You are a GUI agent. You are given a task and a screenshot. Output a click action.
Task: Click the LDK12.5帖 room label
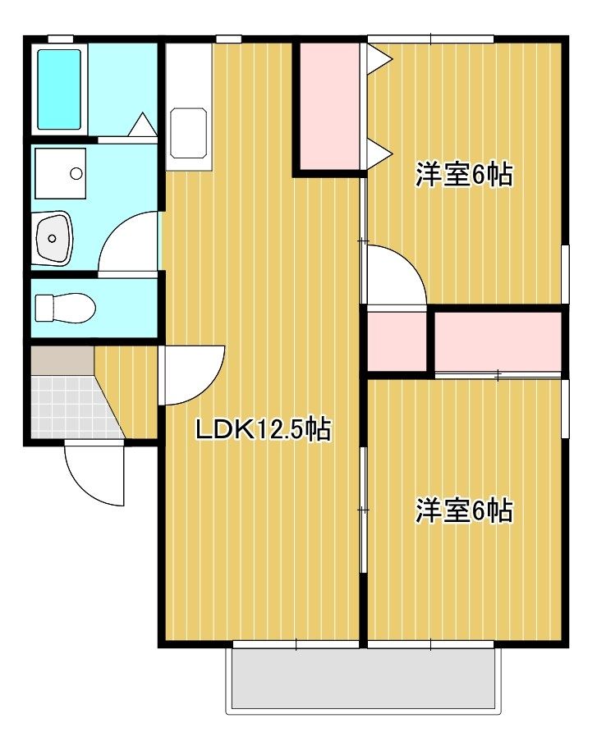click(x=264, y=430)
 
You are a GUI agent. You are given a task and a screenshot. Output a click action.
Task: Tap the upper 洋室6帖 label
click(x=465, y=175)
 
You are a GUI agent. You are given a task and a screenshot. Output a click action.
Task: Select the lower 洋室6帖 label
click(x=465, y=511)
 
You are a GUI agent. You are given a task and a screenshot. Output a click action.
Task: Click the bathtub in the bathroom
click(x=59, y=89)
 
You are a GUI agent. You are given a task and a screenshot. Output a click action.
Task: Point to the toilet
click(x=65, y=307)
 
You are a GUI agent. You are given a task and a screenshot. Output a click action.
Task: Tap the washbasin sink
click(x=54, y=238)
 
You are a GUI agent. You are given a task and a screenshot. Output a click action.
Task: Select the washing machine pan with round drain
click(x=61, y=173)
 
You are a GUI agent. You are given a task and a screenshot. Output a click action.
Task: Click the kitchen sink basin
click(x=189, y=133)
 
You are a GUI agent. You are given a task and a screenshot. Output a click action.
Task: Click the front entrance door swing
click(x=94, y=473)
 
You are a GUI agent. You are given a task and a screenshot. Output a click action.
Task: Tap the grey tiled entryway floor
click(x=71, y=407)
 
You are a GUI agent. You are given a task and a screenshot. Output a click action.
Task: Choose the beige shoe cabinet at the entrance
click(x=62, y=360)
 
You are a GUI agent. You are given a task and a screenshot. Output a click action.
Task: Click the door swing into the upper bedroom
click(x=396, y=274)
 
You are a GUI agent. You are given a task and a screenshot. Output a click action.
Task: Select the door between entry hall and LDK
click(x=191, y=375)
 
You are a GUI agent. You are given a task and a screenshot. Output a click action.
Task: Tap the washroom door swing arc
click(x=128, y=242)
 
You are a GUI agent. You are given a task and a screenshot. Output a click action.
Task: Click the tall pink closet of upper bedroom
click(x=329, y=106)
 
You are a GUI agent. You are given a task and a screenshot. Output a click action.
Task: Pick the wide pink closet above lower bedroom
click(x=498, y=341)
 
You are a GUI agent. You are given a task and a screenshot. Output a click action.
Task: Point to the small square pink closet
click(x=397, y=341)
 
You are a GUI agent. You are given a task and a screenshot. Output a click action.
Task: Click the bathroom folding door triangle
click(x=142, y=125)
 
